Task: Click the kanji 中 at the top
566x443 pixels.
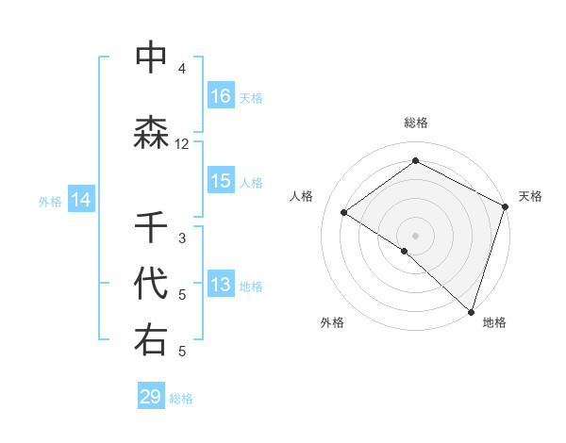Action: [152, 57]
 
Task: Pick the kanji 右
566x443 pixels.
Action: [152, 339]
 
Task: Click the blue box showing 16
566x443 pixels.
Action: [221, 96]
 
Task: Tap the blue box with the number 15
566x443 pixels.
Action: [221, 181]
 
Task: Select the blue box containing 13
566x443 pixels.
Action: [221, 286]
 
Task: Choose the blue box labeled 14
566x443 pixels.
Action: [81, 200]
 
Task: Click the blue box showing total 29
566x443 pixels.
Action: [151, 397]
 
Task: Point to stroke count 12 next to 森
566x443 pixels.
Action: [182, 144]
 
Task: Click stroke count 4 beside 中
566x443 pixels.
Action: [182, 68]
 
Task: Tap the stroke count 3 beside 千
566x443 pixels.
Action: [182, 238]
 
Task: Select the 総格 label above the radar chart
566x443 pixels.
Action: [416, 123]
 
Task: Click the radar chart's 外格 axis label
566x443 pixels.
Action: [332, 322]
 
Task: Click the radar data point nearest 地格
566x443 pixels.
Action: [471, 311]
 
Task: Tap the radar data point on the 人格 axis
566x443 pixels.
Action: [344, 213]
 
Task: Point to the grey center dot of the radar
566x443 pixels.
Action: [415, 235]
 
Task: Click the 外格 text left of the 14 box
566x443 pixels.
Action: [49, 201]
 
